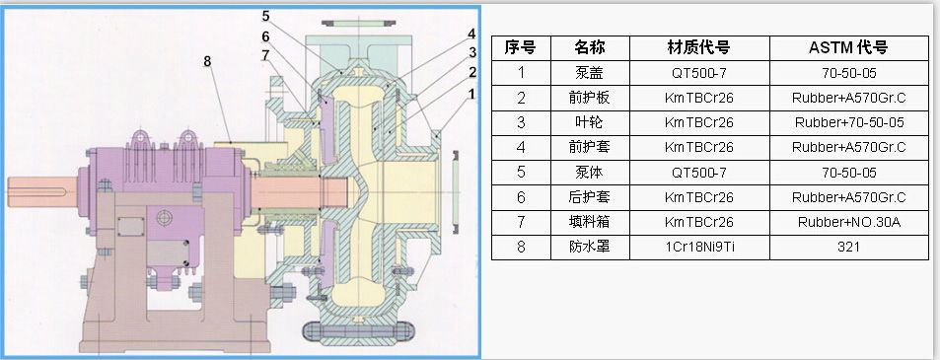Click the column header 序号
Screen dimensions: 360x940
pos(520,46)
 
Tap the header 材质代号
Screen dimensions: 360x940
pos(698,46)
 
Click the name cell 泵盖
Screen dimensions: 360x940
pos(589,72)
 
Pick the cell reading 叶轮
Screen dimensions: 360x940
pos(589,122)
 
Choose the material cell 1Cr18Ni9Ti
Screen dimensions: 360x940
pos(698,247)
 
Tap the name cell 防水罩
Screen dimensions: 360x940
pos(589,247)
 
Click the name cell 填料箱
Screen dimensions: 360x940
pos(589,222)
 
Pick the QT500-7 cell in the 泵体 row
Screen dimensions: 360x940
pos(698,172)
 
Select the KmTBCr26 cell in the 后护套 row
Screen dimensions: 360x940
pos(698,197)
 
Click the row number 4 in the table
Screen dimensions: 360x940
pos(520,147)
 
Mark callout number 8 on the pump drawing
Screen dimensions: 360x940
pos(207,61)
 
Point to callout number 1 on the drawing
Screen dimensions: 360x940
pos(470,94)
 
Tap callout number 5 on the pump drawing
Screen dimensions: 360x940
pos(266,16)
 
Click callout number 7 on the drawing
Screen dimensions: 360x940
pos(266,54)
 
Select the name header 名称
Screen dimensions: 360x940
pos(589,46)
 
